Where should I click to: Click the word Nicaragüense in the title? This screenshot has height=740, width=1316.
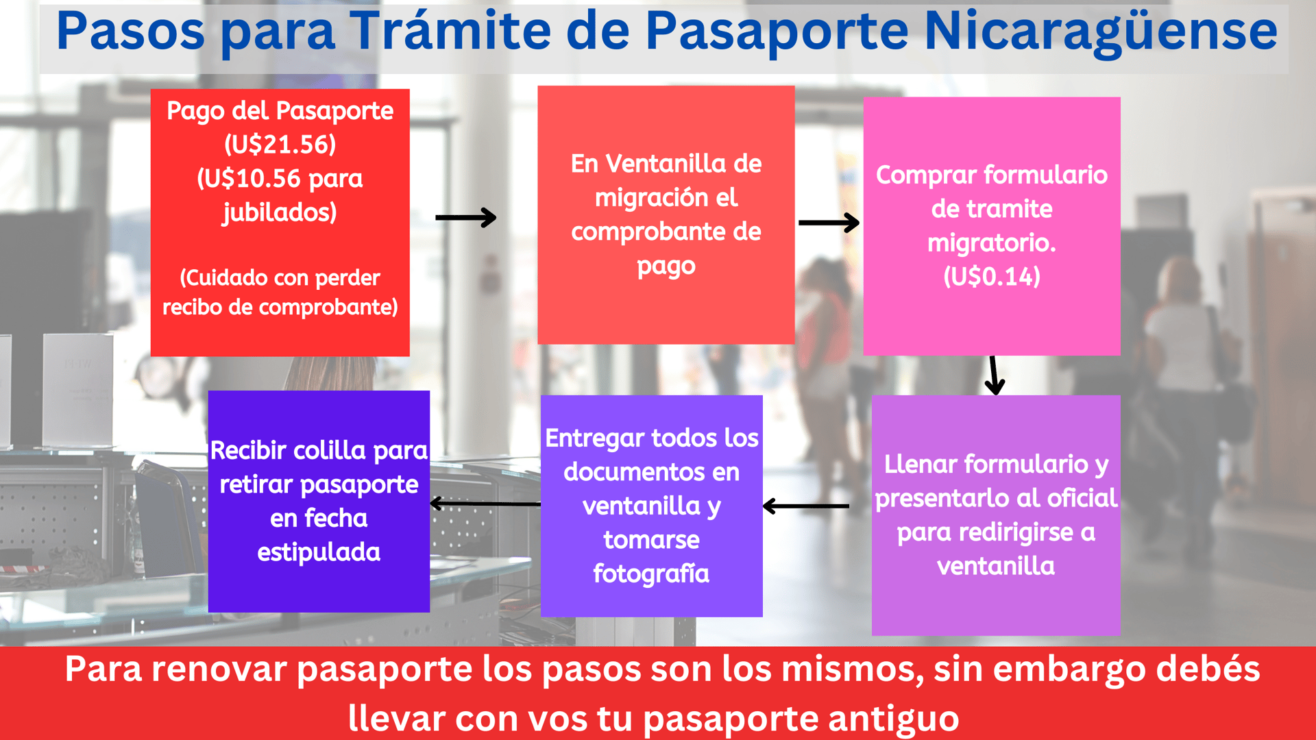pos(1100,32)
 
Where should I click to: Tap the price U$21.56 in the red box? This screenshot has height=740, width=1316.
pos(280,145)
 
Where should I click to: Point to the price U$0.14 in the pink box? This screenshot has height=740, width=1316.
pos(992,277)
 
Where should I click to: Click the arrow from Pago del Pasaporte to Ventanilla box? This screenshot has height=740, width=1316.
pos(465,218)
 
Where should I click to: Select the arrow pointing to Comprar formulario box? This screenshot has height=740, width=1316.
pos(829,223)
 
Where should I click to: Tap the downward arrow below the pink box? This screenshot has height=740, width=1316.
pos(994,375)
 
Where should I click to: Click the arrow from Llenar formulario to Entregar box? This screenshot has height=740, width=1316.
pos(806,506)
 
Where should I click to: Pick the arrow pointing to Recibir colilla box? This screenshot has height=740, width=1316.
pos(485,504)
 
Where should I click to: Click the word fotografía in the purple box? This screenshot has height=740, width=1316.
pos(651,573)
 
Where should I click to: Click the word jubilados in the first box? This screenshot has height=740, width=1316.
pos(280,212)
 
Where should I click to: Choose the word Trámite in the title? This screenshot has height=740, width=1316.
pos(450,32)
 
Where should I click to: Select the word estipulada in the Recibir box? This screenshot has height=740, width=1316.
pos(319,552)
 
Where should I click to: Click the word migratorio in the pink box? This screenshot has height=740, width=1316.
pos(991,243)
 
